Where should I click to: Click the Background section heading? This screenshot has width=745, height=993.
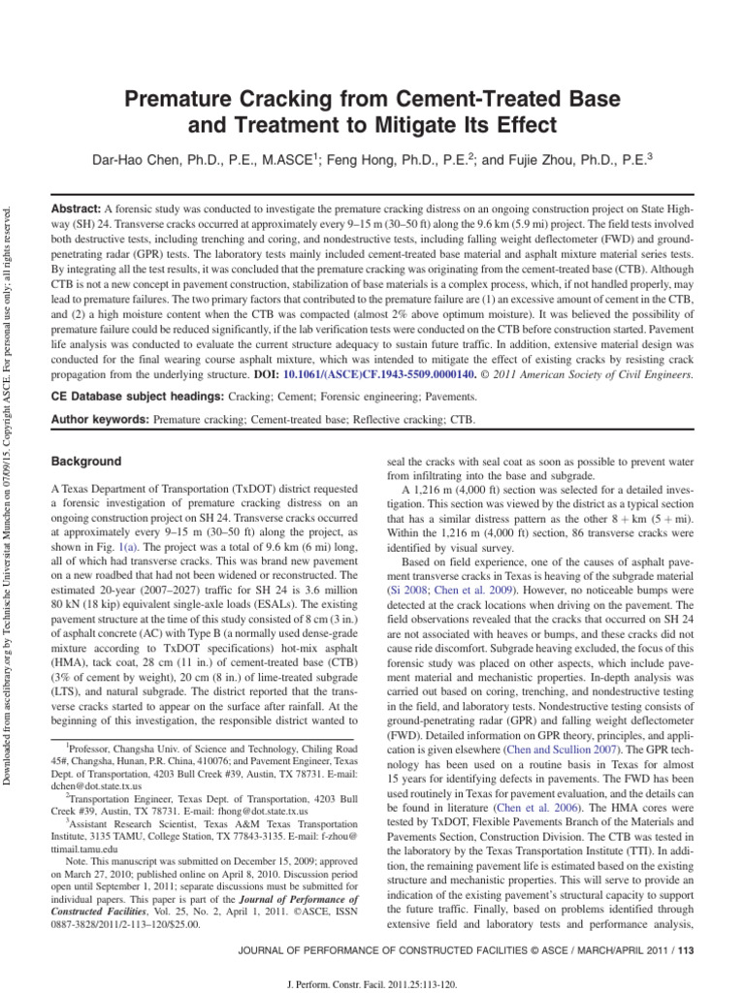(x=86, y=462)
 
